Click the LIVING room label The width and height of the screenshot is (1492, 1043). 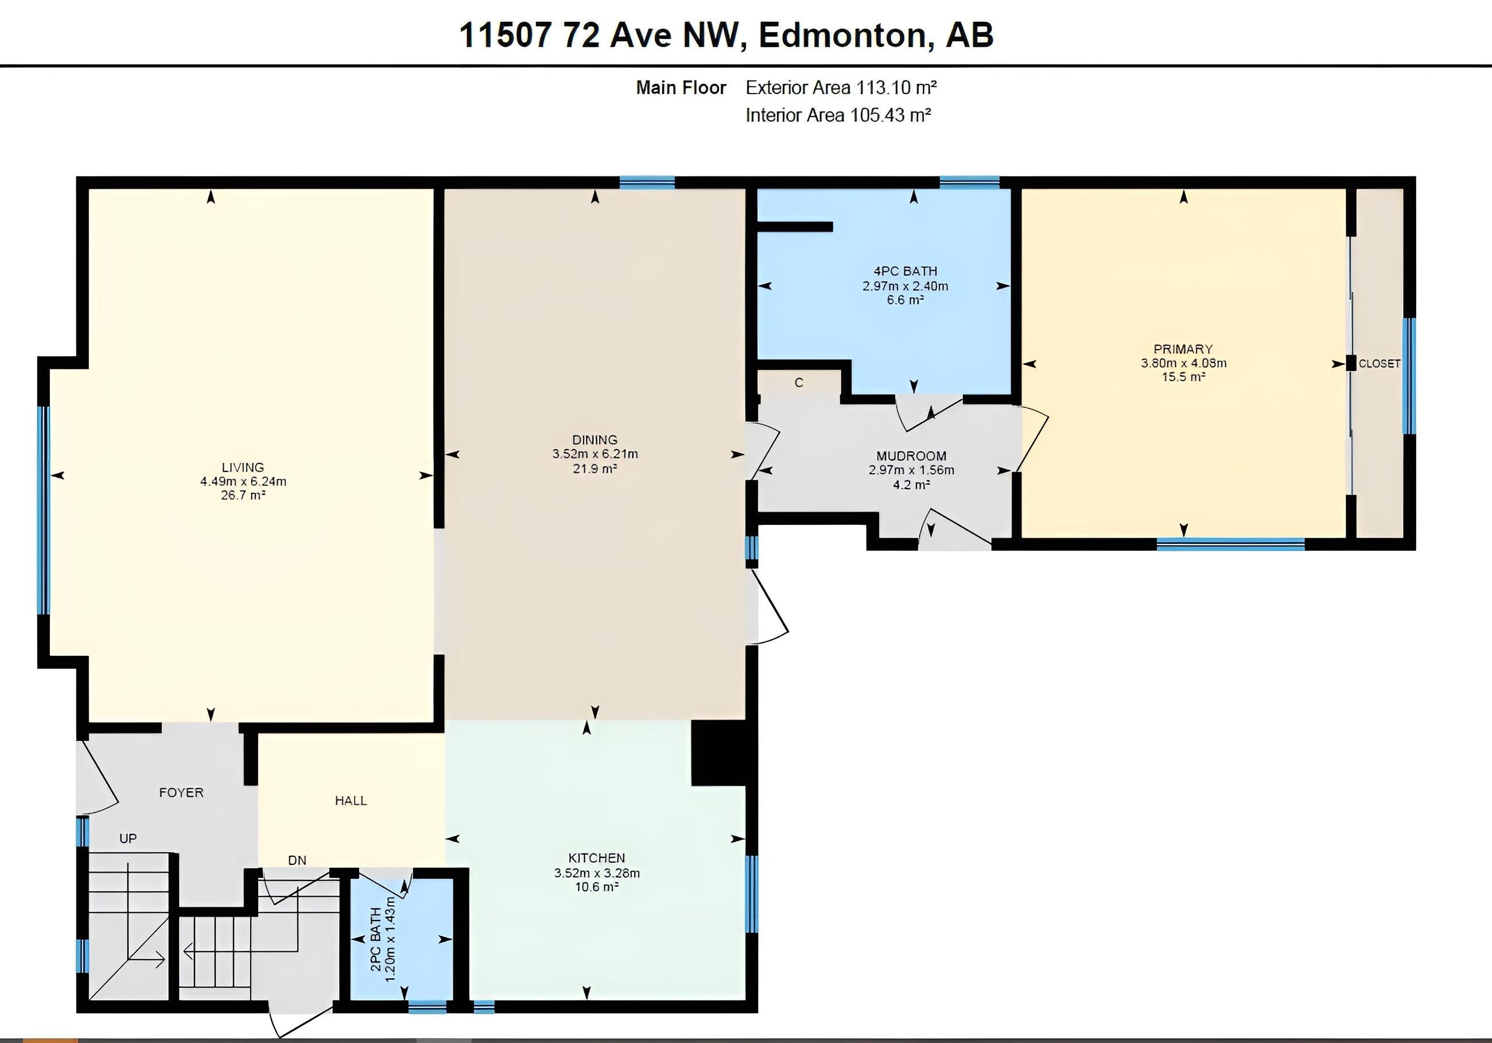point(243,467)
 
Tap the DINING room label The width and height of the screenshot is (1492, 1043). point(595,439)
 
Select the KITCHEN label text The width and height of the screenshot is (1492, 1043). point(597,857)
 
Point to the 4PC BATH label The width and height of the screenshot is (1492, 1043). point(905,271)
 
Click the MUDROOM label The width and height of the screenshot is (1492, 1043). point(911,456)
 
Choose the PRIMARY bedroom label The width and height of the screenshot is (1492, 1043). point(1183,349)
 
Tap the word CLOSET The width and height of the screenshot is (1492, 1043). point(1380,364)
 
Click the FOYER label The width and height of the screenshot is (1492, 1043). point(181,792)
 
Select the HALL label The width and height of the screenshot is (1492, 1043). point(351,801)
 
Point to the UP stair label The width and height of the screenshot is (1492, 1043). point(128,838)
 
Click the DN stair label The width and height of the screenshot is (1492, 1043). point(297,860)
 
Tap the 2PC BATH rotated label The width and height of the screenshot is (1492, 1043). point(376,939)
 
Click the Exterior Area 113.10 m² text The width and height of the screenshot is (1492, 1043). point(841,87)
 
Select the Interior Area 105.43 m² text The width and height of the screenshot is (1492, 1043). point(838,115)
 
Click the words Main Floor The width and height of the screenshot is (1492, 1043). point(681,87)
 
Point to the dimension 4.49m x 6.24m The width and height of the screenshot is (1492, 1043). point(243,481)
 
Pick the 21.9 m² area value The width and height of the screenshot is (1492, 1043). point(595,468)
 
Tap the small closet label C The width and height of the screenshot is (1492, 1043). point(799,383)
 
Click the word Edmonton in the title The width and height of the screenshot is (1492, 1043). point(842,34)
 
